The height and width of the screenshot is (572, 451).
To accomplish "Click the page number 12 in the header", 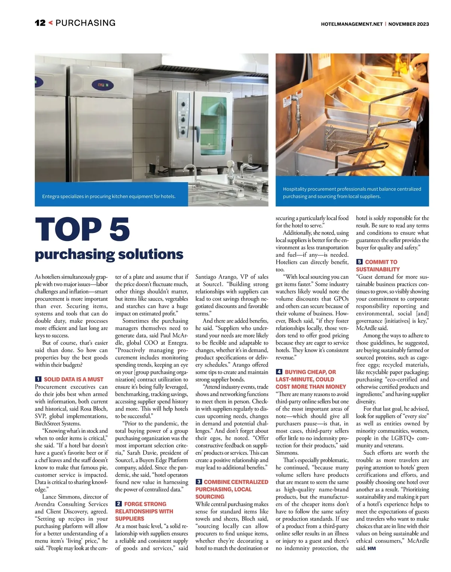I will tap(40, 23).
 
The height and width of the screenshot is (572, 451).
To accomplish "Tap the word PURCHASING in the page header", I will tap(85, 23).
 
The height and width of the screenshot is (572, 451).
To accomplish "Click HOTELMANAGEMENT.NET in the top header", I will tap(351, 24).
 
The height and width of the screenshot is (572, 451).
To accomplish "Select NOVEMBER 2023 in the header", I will tap(409, 24).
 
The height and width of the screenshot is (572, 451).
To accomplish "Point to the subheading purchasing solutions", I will tap(109, 254).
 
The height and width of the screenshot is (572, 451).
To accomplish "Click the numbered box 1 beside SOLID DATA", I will tap(38, 379).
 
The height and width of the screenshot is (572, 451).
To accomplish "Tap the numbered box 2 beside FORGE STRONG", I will tap(118, 504).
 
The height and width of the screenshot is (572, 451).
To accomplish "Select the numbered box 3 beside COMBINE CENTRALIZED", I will tap(199, 482).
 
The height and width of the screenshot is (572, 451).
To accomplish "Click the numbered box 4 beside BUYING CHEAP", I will tap(279, 372).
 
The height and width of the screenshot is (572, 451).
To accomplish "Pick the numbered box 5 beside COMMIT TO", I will tap(359, 262).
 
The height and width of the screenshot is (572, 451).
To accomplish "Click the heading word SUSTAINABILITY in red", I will tap(378, 269).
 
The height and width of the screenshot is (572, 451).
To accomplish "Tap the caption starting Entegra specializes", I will tap(109, 196).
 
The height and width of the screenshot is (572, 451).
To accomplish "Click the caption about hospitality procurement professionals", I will tap(352, 192).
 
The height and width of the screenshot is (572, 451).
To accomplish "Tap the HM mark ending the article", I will tap(371, 548).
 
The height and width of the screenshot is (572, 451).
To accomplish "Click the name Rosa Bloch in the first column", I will tap(94, 409).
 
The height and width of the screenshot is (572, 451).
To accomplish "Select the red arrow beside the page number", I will tap(50, 23).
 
